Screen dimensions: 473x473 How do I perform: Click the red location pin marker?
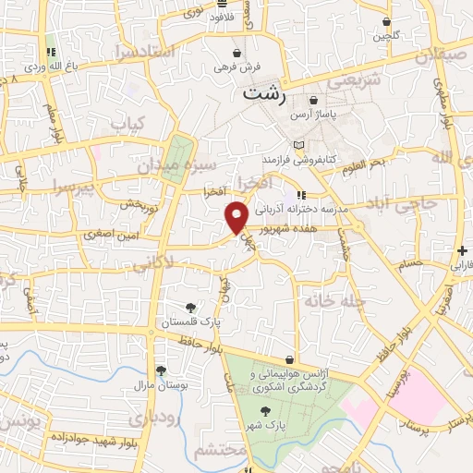pos(236,217)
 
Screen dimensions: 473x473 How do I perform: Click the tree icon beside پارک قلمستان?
pos(191,307)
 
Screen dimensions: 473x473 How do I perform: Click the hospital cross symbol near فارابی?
pos(461,250)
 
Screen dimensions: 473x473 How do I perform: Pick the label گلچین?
pos(384,36)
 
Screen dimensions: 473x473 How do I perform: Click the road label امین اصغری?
pos(107,235)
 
